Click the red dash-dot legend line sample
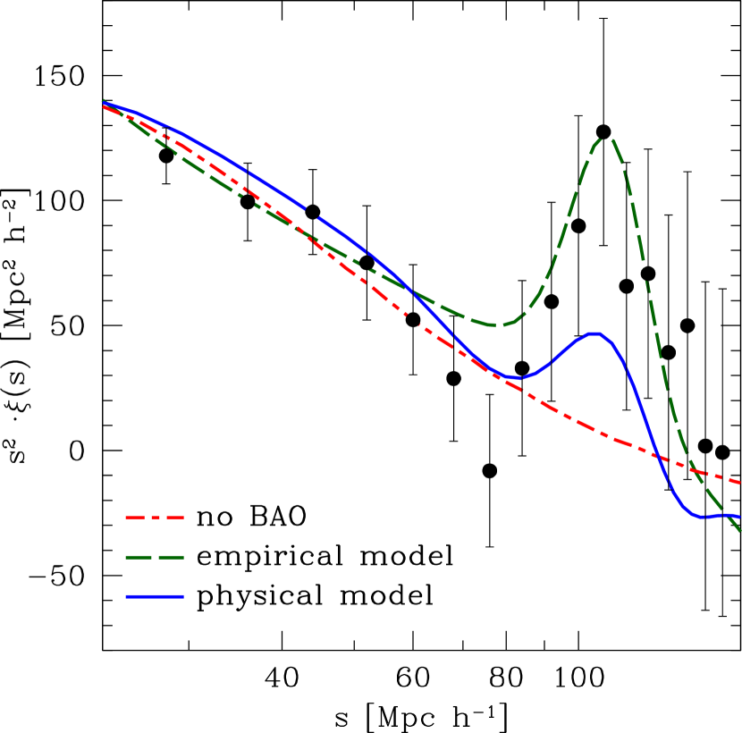point(154,518)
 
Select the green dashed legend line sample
point(154,557)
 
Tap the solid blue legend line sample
point(154,596)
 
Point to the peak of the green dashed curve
point(606,139)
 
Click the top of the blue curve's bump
point(595,333)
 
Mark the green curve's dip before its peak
point(498,325)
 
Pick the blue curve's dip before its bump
point(515,378)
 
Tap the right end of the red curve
point(740,483)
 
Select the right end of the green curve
point(740,532)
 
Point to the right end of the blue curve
point(740,516)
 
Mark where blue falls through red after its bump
point(656,455)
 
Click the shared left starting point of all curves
point(104,104)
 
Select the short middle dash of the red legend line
point(154,518)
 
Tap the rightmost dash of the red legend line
point(173,518)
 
